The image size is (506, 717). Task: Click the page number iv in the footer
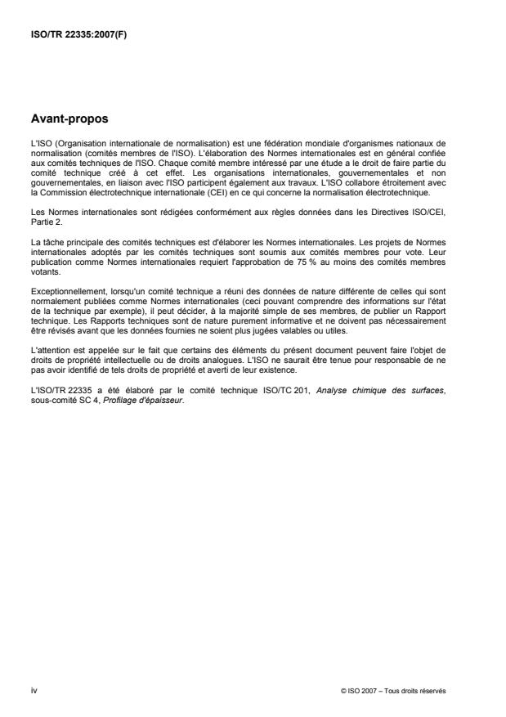[x=34, y=690]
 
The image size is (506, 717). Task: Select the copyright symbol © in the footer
[x=343, y=691]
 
